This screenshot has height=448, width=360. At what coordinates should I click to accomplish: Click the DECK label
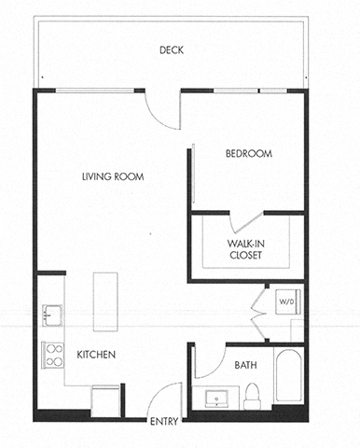[x=171, y=50]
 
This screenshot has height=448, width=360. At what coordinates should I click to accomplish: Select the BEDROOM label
[x=248, y=154]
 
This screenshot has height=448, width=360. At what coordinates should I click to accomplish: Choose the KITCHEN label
[x=96, y=355]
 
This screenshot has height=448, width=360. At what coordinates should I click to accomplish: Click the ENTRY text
[x=163, y=422]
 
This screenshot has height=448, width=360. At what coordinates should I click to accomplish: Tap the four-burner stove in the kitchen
[x=53, y=354]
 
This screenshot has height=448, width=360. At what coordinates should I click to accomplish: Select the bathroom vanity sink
[x=218, y=399]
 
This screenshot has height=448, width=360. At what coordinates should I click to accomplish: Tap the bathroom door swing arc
[x=209, y=359]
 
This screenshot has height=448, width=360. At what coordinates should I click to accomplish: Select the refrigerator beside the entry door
[x=104, y=400]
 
